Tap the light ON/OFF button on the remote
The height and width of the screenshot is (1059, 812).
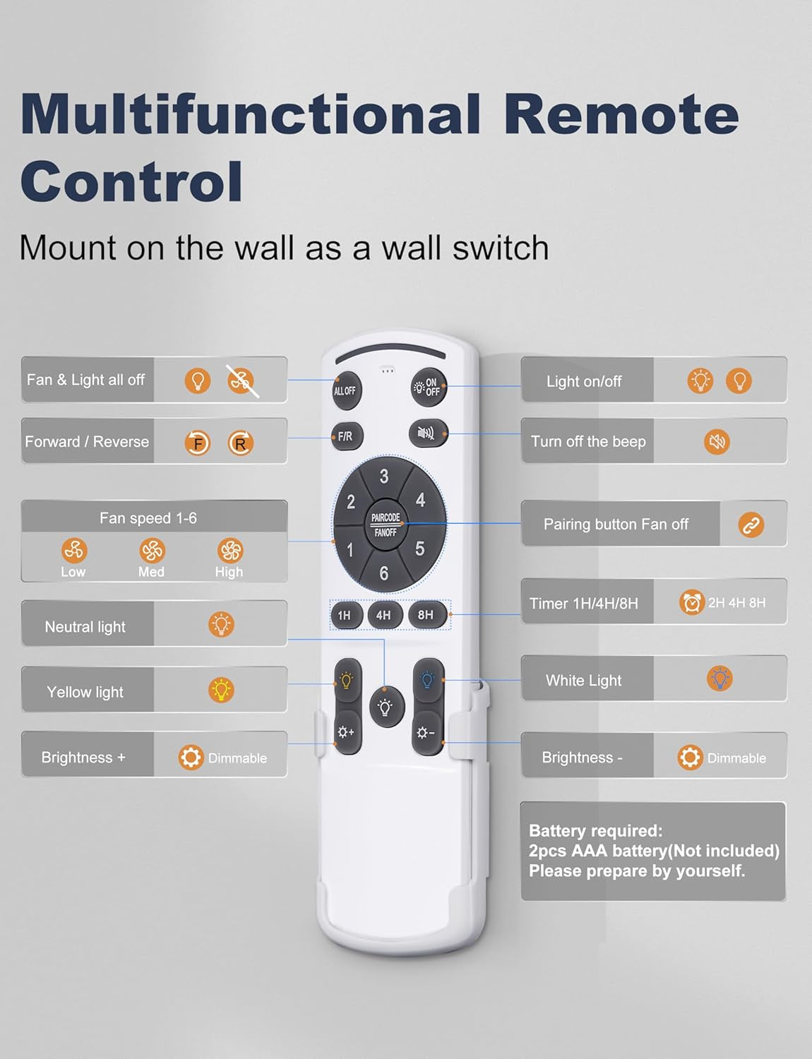[429, 387]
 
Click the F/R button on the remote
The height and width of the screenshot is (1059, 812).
[347, 436]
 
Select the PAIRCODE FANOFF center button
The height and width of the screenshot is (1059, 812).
[386, 525]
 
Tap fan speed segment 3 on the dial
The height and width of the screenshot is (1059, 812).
[385, 476]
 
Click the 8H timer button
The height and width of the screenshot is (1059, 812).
[427, 614]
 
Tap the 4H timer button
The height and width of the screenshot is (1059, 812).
[385, 615]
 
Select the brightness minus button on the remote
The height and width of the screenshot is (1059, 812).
[427, 733]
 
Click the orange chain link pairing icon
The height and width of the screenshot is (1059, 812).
[751, 525]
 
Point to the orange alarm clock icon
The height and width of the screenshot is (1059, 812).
[691, 602]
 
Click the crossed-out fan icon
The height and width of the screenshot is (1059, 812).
[241, 381]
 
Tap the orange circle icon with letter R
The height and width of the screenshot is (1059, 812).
[240, 443]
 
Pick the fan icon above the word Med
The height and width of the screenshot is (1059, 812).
[152, 551]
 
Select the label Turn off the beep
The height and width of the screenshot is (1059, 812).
[588, 441]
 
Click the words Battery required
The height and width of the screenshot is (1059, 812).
[596, 830]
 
